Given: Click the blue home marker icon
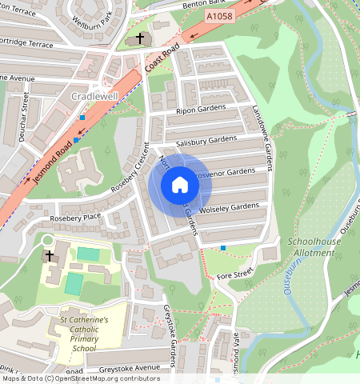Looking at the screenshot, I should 180,186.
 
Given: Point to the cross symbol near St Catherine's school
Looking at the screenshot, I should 50,256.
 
